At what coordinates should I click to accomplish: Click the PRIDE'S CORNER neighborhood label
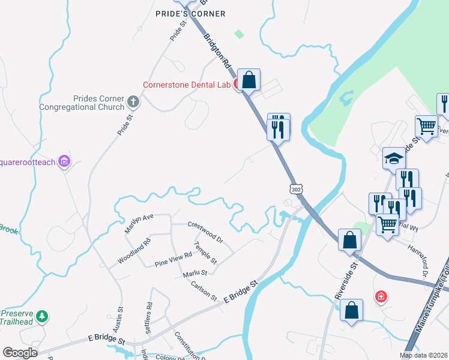pos(190,14)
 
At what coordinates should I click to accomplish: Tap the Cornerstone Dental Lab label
pos(187,85)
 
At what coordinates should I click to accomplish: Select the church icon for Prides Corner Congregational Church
pos(133,103)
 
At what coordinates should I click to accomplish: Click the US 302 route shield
pos(295,188)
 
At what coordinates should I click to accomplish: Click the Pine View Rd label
pos(173,259)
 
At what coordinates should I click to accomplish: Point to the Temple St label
pos(205,253)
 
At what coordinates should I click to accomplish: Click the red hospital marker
pos(381,296)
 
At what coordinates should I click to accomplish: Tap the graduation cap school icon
pos(394,158)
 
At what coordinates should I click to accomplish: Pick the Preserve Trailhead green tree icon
pos(41,316)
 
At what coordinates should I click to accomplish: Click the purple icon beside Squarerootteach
pos(65,161)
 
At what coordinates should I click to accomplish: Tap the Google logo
pos(20,353)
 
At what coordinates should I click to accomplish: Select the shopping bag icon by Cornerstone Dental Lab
pos(249,80)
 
